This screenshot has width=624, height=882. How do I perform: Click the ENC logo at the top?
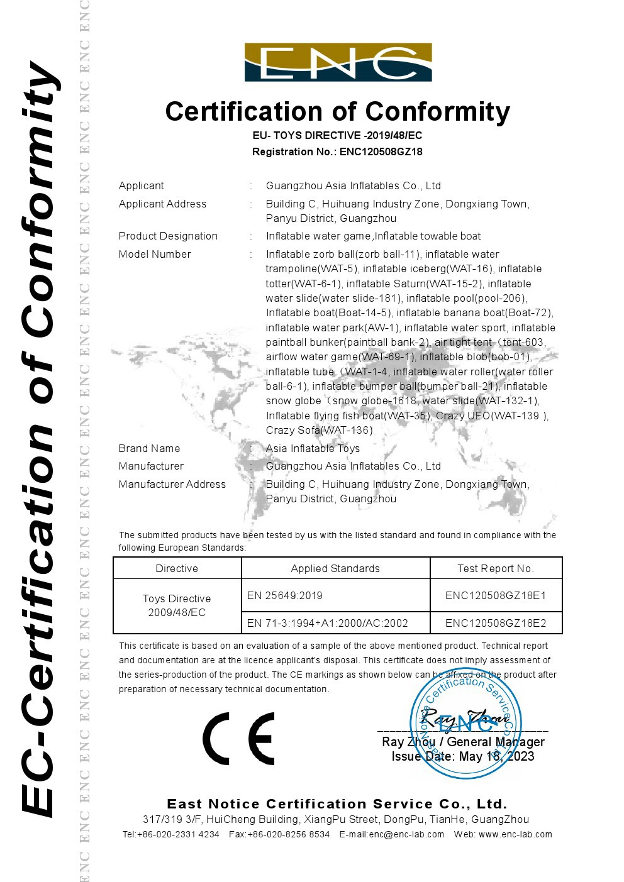(x=338, y=62)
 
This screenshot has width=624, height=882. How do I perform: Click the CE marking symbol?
(x=238, y=738)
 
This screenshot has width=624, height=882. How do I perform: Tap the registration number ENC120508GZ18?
(x=381, y=152)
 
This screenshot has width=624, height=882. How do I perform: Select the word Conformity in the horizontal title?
(x=438, y=112)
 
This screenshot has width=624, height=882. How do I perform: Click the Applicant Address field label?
(x=162, y=204)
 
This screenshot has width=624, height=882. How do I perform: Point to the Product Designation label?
(x=168, y=236)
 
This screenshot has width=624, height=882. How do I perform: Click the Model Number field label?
(x=155, y=254)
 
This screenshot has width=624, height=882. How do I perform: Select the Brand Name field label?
(x=149, y=448)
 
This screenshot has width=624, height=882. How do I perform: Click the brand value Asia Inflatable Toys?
(x=313, y=448)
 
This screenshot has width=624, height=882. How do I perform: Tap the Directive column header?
(x=177, y=568)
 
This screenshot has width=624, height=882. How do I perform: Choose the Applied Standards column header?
(x=335, y=568)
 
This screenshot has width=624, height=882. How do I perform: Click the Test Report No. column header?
(x=495, y=568)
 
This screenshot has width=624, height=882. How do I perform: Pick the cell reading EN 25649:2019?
(x=284, y=595)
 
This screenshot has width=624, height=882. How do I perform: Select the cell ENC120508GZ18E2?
(x=496, y=623)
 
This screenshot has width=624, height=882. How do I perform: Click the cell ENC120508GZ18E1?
(x=496, y=595)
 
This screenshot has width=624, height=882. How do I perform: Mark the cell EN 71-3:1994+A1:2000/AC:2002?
(x=327, y=623)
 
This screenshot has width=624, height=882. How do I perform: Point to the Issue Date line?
(x=462, y=756)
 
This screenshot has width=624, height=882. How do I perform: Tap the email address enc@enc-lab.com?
(x=406, y=834)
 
